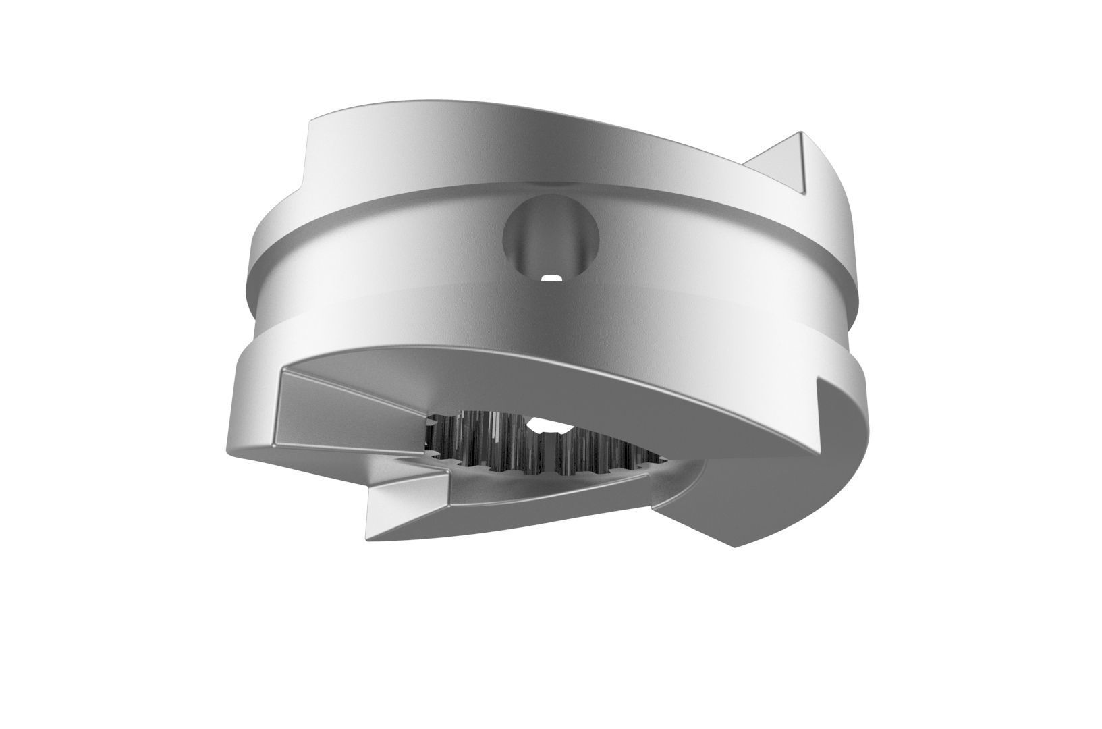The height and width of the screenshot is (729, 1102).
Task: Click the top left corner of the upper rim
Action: [311, 122]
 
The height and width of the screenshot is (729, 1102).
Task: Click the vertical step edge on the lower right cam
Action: [821, 418]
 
